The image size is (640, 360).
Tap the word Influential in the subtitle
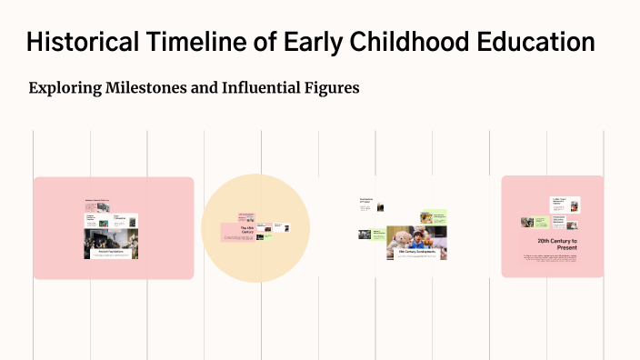(264, 88)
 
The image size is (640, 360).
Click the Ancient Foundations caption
(111, 251)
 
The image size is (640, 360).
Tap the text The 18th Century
(246, 231)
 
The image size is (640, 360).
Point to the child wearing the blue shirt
(419, 238)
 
